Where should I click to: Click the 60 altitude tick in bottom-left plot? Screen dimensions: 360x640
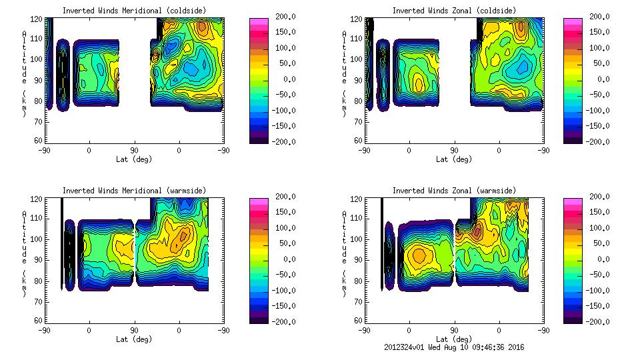click(x=39, y=321)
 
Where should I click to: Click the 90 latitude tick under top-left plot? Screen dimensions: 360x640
click(x=133, y=151)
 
